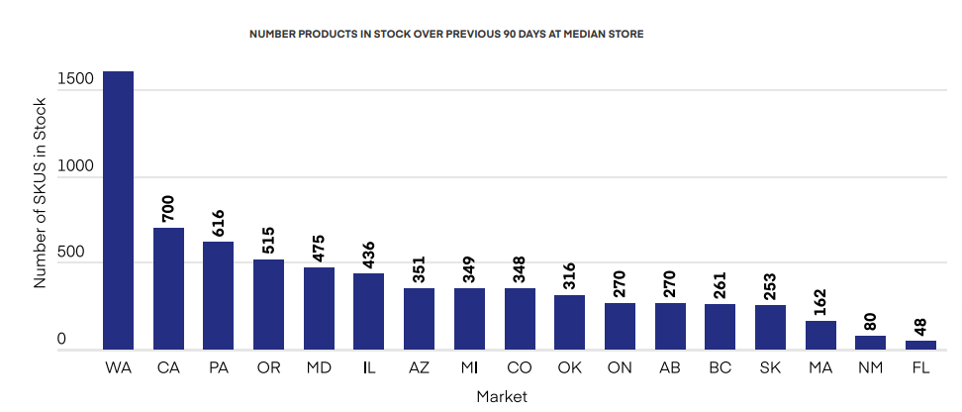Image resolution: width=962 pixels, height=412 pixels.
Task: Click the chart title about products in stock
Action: (445, 34)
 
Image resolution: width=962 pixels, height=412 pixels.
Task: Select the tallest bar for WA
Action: (118, 210)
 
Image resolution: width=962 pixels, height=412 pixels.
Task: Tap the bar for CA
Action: (168, 288)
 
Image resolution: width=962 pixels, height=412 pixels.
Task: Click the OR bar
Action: (268, 304)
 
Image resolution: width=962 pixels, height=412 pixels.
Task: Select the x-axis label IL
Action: (368, 368)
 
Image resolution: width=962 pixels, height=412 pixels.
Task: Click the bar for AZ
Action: (419, 318)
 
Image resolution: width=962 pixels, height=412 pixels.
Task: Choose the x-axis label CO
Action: (519, 368)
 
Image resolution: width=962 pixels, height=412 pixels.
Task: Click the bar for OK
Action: (569, 322)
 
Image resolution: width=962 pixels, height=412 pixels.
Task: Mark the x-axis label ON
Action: (620, 368)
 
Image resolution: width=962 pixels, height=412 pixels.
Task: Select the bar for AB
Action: (670, 326)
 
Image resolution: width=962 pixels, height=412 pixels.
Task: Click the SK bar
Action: (770, 327)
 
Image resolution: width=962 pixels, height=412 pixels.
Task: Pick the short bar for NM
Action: (870, 343)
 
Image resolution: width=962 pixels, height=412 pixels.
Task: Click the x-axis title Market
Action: (501, 396)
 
